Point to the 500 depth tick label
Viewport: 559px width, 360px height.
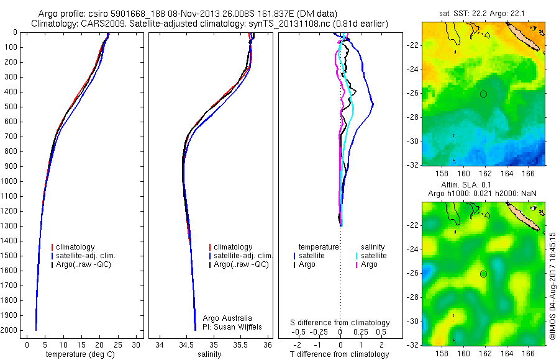pyautogui.click(x=11, y=107)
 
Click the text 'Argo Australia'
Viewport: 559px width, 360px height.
pyautogui.click(x=229, y=318)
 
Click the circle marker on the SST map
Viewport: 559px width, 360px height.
pyautogui.click(x=484, y=94)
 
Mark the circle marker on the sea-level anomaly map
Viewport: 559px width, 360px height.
pyautogui.click(x=484, y=274)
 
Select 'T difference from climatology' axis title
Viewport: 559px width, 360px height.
pyautogui.click(x=340, y=354)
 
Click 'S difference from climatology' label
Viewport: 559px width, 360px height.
pyautogui.click(x=340, y=323)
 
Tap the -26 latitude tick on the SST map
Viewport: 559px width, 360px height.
pyautogui.click(x=413, y=94)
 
